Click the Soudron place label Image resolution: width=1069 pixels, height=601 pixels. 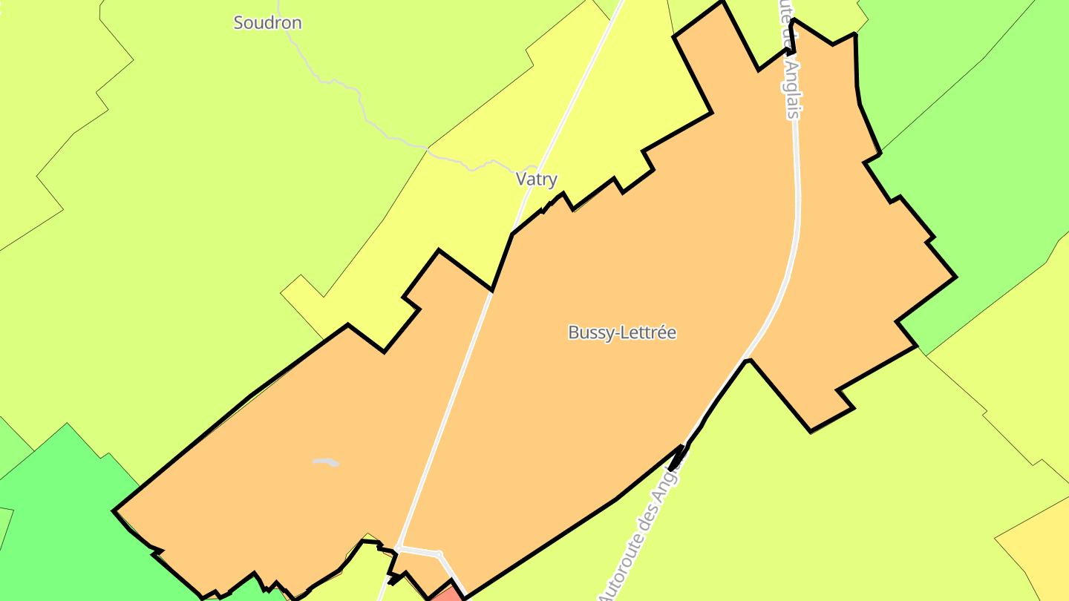click(x=267, y=23)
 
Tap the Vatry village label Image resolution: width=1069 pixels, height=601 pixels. click(x=536, y=180)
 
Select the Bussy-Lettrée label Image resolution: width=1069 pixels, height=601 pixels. click(x=622, y=332)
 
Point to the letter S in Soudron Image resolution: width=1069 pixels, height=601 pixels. click(x=239, y=23)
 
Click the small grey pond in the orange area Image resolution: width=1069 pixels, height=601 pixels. click(x=326, y=462)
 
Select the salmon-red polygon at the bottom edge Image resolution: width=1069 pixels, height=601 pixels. click(x=448, y=594)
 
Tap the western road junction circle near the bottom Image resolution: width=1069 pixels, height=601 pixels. click(x=398, y=548)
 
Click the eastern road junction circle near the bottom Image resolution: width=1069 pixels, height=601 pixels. click(x=439, y=554)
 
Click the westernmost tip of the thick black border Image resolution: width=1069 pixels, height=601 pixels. click(x=114, y=511)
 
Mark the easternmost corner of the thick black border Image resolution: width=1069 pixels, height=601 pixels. click(x=955, y=277)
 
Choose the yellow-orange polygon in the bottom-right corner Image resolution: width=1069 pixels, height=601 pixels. click(x=1039, y=549)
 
